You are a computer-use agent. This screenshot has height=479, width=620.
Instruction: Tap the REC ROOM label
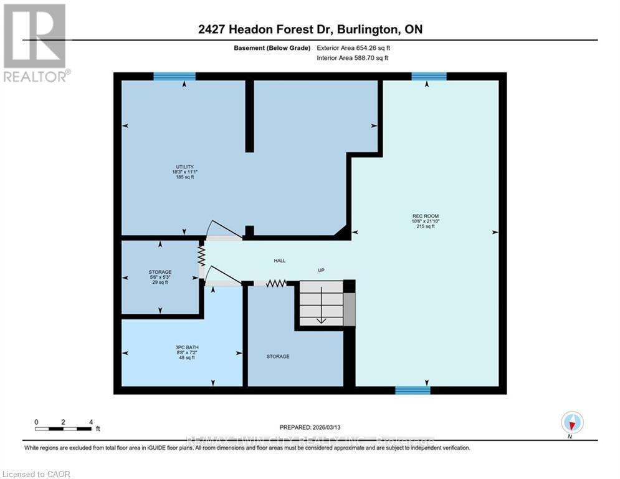coord(423,216)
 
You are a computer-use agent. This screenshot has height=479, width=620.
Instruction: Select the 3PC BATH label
coord(184,347)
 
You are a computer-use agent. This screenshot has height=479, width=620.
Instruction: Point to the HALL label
coord(280,261)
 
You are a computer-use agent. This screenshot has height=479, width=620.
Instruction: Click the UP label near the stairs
coord(321,270)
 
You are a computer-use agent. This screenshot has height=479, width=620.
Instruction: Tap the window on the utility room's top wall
coord(174,77)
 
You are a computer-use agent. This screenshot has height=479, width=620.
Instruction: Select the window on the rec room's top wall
coord(429,77)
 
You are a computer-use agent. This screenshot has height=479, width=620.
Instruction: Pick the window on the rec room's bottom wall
coord(413,390)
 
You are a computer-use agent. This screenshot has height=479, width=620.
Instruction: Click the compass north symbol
coord(571,422)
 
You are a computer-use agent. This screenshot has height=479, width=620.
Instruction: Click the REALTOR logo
coord(35,43)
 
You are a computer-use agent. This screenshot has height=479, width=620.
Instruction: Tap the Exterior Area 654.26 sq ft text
coord(353,47)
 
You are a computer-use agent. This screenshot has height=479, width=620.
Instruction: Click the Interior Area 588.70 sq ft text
coord(353,58)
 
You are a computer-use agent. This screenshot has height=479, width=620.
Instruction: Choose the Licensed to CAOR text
coord(36,475)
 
